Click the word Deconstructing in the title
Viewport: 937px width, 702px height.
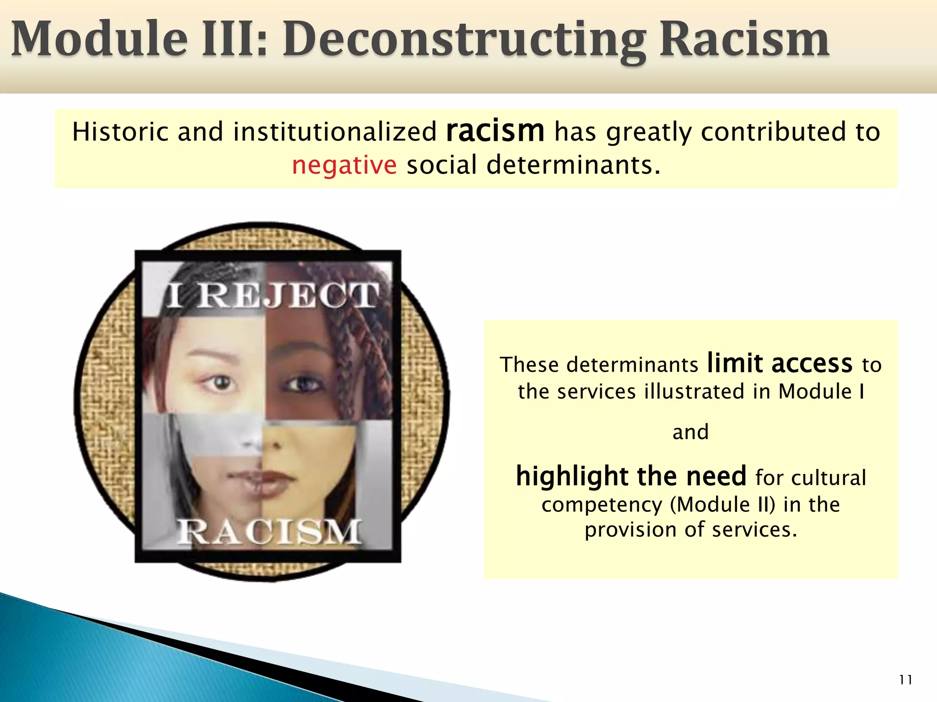pyautogui.click(x=464, y=40)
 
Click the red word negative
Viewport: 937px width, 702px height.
pyautogui.click(x=344, y=165)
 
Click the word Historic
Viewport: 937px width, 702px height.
pyautogui.click(x=121, y=132)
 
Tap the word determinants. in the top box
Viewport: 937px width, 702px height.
pyautogui.click(x=573, y=165)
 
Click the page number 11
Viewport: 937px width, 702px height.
pyautogui.click(x=905, y=680)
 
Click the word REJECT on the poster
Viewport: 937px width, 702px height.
pyautogui.click(x=288, y=295)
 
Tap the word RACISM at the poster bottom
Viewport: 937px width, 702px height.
pyautogui.click(x=269, y=532)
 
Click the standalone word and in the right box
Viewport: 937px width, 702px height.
pyautogui.click(x=690, y=432)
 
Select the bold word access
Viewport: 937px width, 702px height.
pyautogui.click(x=812, y=364)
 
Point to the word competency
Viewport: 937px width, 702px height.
pyautogui.click(x=602, y=505)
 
